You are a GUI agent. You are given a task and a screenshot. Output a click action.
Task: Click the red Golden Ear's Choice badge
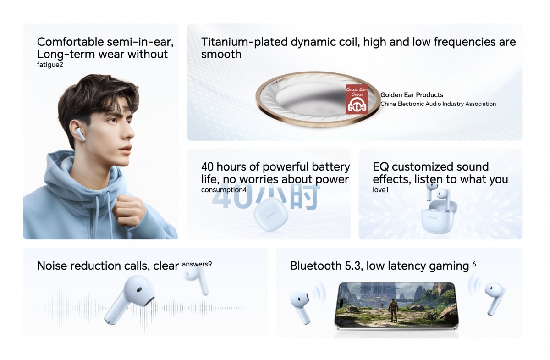[x=357, y=99]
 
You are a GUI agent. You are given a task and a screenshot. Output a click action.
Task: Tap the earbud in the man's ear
[x=81, y=135]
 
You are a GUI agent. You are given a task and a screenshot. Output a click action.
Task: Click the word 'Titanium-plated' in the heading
[x=244, y=42]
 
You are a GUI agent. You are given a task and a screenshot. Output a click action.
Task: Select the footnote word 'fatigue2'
[x=50, y=65]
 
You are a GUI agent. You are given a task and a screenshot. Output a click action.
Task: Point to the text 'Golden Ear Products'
[x=412, y=95]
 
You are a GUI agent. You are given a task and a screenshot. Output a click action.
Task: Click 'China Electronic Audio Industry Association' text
[x=438, y=104]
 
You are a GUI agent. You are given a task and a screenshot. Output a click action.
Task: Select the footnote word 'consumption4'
[x=224, y=190]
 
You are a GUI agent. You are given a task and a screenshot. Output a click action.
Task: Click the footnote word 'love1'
[x=380, y=190]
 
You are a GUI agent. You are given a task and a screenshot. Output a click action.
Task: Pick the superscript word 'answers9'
[x=197, y=264]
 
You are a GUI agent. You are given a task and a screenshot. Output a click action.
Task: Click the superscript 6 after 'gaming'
[x=474, y=264]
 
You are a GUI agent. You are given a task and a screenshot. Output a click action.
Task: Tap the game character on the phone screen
[x=393, y=310]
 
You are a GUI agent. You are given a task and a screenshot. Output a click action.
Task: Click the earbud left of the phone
[x=301, y=307]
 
